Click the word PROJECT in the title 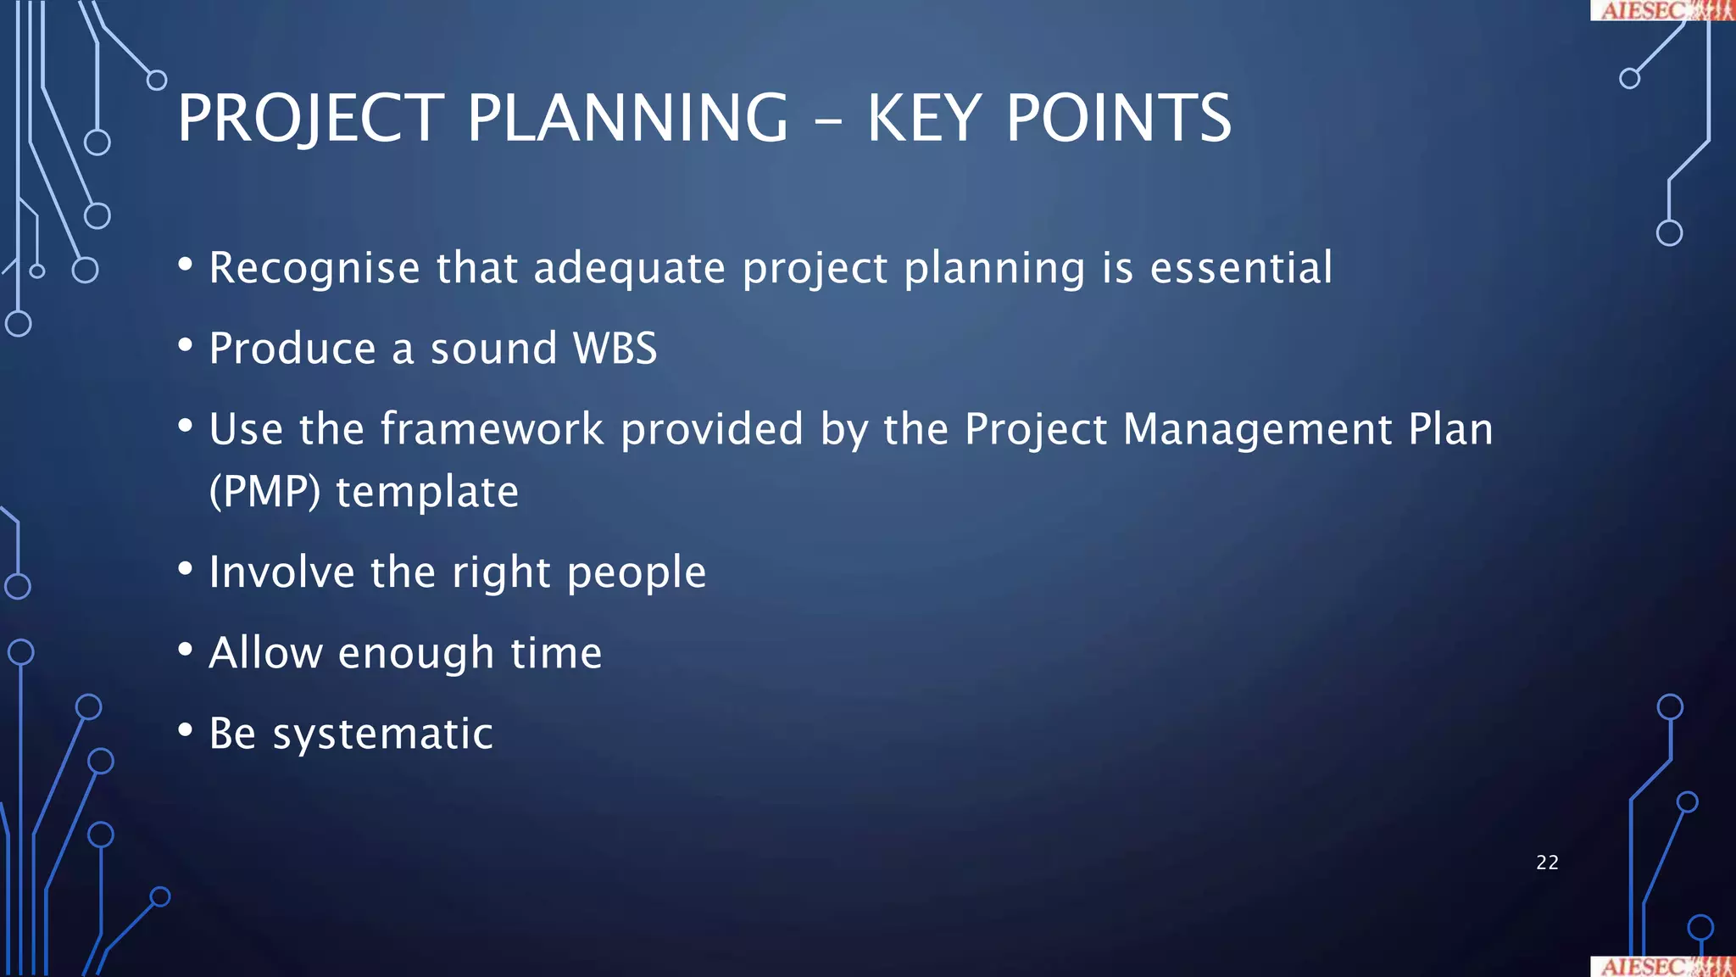point(310,118)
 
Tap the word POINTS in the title point(1118,118)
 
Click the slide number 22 point(1547,863)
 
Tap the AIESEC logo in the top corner point(1662,10)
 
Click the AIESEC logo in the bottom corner point(1662,966)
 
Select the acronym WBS point(615,349)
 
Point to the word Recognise point(314,268)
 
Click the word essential point(1241,268)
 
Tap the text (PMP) point(264,492)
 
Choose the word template point(427,492)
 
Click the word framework point(492,429)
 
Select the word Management point(1257,429)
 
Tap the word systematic point(382,734)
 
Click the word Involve point(281,572)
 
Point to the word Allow point(265,653)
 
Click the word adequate point(630,270)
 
